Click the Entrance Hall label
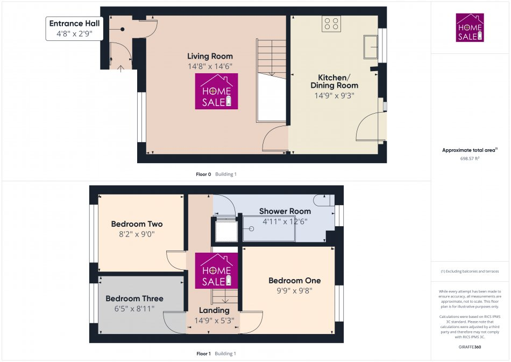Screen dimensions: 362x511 click(x=74, y=24)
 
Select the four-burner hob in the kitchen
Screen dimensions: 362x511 click(x=331, y=24)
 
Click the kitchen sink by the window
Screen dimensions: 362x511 click(x=371, y=46)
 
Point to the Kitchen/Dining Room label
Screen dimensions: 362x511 click(x=334, y=81)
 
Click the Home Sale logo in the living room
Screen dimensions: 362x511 click(x=217, y=91)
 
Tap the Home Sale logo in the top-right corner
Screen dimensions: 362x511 click(x=470, y=27)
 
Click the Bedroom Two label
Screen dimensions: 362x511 click(x=137, y=224)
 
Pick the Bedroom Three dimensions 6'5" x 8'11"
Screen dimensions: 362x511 click(x=134, y=309)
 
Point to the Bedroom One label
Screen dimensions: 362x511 click(x=294, y=281)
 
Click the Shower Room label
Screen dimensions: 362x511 click(x=285, y=211)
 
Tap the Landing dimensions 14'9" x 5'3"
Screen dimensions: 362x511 click(x=214, y=321)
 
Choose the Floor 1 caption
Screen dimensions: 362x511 click(x=203, y=354)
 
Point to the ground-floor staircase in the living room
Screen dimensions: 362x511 click(x=271, y=81)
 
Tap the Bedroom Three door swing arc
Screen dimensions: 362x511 click(x=173, y=322)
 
